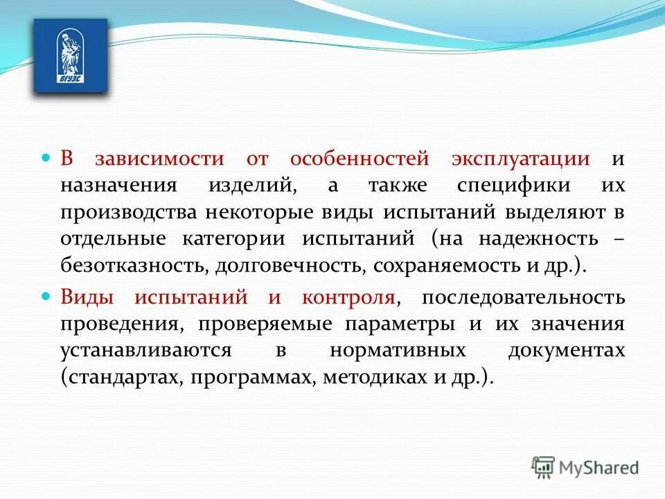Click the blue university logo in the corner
coord(71,55)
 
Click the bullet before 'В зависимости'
coord(47,158)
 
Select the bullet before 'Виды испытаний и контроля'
coord(47,296)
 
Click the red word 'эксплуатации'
coord(521,159)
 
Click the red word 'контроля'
coord(348,297)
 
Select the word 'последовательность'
coord(523,297)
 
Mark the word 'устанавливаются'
coord(145,351)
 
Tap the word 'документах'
coord(566,351)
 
